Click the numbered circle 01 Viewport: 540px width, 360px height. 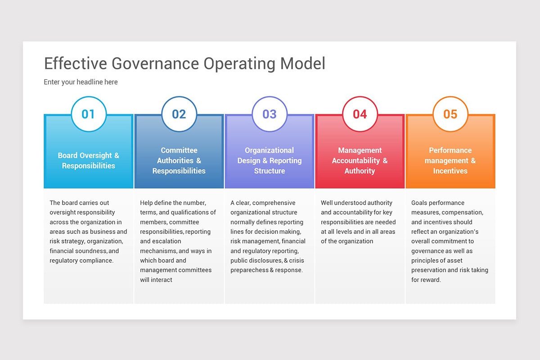click(89, 114)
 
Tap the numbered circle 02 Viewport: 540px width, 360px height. click(179, 114)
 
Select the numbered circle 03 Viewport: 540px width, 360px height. click(270, 114)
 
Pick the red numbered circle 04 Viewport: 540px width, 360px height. click(360, 114)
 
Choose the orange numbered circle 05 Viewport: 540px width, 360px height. click(450, 114)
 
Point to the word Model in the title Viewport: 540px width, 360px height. click(303, 63)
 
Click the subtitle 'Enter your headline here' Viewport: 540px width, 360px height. click(81, 82)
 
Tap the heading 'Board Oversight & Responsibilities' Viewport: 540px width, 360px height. click(89, 161)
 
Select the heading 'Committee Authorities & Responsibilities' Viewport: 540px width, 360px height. click(179, 161)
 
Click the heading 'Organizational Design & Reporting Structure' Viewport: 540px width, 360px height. click(270, 161)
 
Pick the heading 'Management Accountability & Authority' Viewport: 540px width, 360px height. click(360, 161)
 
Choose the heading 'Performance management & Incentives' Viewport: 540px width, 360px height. click(450, 161)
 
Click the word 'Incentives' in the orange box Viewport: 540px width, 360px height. click(450, 171)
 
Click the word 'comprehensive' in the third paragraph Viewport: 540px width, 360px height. click(274, 203)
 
